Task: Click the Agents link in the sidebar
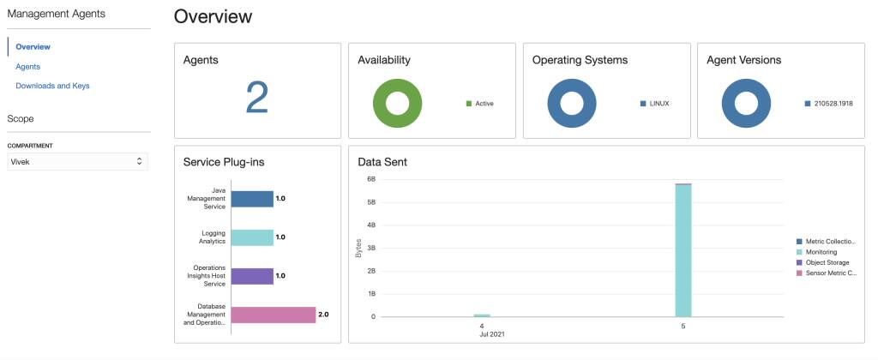pos(27,66)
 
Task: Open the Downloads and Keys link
pos(52,86)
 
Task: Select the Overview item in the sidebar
pos(33,46)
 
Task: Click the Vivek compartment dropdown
pos(77,161)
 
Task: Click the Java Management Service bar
pos(252,199)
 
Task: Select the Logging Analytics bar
pos(252,237)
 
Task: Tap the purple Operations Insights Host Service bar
pos(252,276)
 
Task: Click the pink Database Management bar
pos(274,315)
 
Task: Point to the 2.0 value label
pos(323,315)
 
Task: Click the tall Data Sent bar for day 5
pos(683,250)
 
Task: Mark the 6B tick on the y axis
pos(371,179)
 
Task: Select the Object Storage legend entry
pos(827,262)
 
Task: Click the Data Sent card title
pos(382,161)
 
